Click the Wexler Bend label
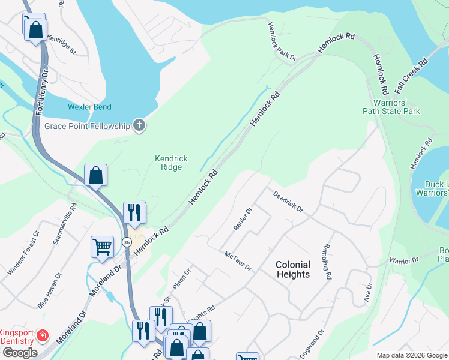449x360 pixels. click(89, 107)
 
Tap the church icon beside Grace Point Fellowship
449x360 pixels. click(139, 125)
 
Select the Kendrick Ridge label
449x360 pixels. click(171, 163)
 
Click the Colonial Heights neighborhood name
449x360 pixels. click(293, 269)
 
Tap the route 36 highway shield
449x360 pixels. click(127, 242)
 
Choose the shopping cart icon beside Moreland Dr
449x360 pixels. click(103, 247)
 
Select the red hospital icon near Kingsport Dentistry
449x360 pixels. click(43, 335)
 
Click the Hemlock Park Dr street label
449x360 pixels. click(282, 42)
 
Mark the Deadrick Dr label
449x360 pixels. click(288, 202)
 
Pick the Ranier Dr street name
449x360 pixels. click(243, 219)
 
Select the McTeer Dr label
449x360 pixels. click(237, 261)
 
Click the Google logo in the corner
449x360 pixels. click(20, 353)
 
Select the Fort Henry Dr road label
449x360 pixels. click(41, 91)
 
